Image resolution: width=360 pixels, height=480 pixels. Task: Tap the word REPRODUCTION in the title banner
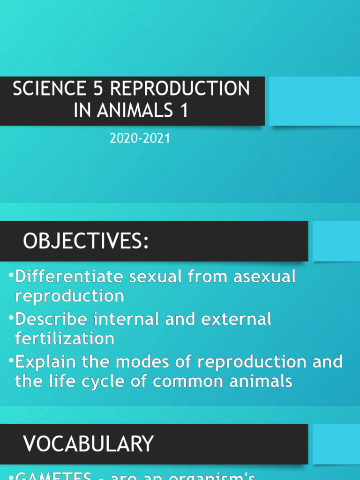[x=180, y=89]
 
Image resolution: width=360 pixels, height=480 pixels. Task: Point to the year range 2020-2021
[x=139, y=139]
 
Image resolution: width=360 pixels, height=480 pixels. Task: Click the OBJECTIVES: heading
[x=86, y=241]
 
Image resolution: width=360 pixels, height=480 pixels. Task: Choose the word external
[x=236, y=319]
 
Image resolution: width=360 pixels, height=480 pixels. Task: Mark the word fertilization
[x=64, y=338]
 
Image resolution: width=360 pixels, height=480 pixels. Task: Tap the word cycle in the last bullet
[x=110, y=381]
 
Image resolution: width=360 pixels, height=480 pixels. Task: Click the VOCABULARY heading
[x=89, y=444]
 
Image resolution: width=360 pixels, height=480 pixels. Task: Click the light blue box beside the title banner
[x=314, y=101]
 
